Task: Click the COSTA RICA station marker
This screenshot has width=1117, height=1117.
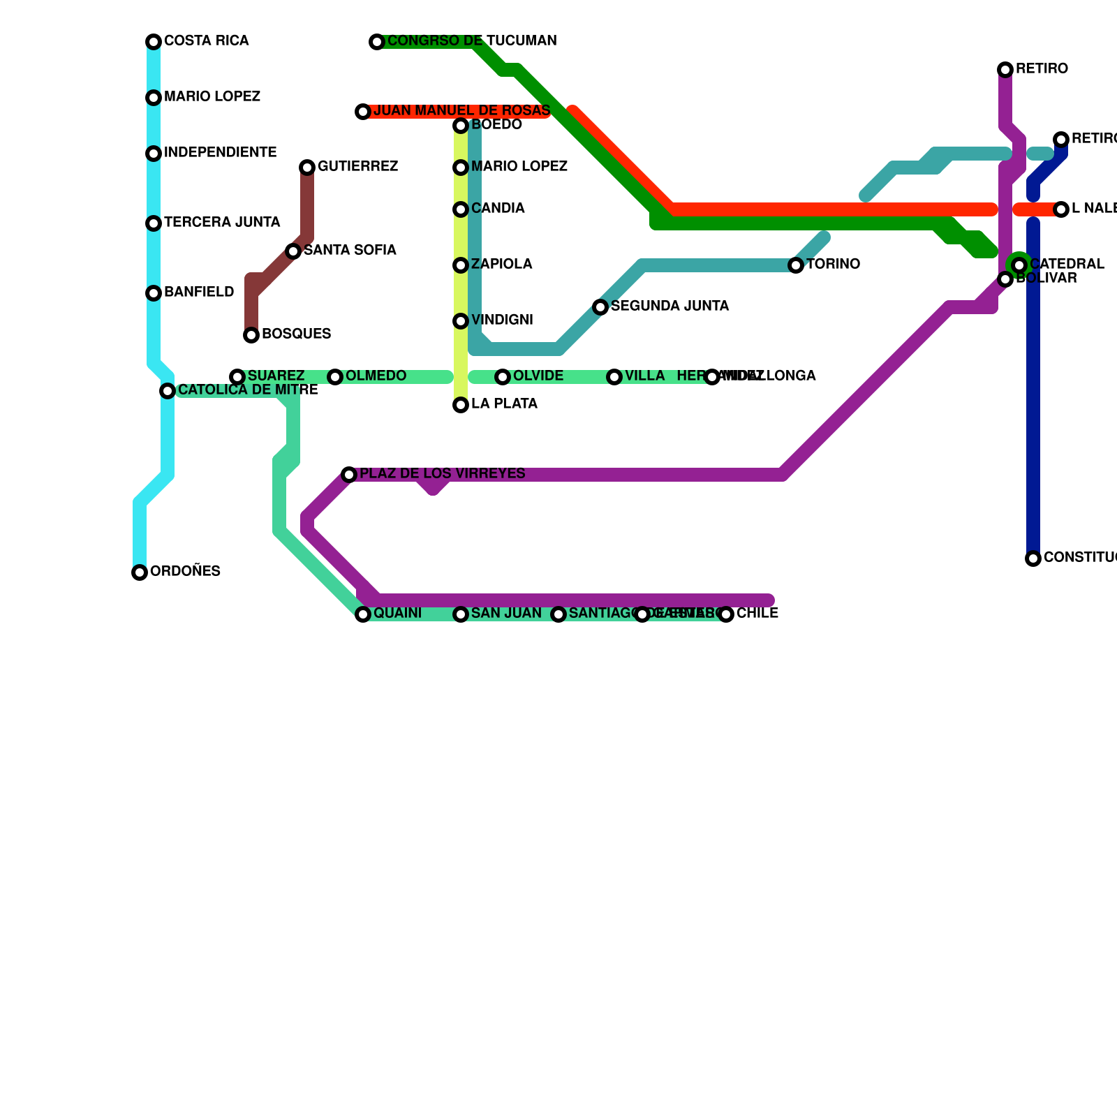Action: [x=154, y=42]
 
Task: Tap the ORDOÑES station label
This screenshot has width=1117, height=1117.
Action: [x=185, y=572]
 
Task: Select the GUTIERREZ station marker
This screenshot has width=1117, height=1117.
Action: [x=307, y=168]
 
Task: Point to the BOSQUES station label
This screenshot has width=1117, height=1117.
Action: [x=296, y=334]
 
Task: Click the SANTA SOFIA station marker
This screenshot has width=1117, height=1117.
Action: [x=293, y=251]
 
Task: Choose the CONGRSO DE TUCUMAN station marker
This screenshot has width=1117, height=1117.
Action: [x=377, y=42]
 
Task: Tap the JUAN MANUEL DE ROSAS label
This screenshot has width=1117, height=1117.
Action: [x=461, y=111]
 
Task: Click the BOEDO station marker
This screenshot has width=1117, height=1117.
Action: [x=461, y=126]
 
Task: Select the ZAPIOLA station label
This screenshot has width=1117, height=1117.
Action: [x=501, y=265]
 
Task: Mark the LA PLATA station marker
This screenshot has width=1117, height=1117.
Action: [x=461, y=405]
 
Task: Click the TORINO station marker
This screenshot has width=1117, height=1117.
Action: [x=796, y=265]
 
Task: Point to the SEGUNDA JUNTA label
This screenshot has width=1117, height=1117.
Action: [x=670, y=306]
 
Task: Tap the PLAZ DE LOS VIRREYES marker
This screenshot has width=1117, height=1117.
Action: [x=349, y=475]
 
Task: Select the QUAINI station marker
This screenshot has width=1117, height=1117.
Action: [x=363, y=614]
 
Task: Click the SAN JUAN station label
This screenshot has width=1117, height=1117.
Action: [x=506, y=614]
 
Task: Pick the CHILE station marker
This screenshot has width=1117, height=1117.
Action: [x=726, y=614]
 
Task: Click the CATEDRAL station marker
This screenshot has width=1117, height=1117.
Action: [x=1019, y=265]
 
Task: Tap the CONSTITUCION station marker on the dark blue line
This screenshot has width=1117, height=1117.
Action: [x=1033, y=558]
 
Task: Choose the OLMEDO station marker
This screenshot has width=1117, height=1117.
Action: [x=335, y=377]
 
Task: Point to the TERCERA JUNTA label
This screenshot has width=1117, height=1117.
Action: [x=222, y=223]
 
